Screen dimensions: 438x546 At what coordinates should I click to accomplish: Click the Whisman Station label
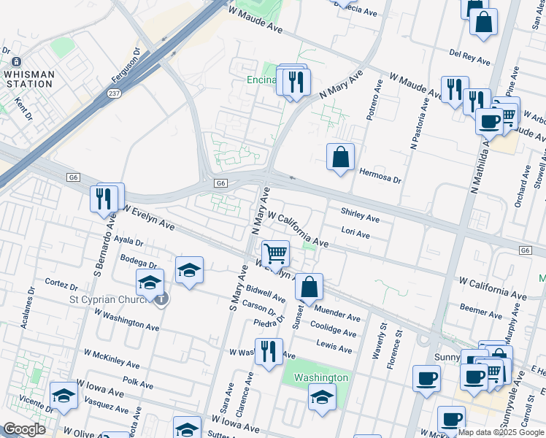point(28,79)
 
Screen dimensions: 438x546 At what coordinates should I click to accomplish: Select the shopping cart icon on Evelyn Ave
point(275,254)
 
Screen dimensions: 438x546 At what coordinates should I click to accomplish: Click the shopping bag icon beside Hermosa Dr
point(340,157)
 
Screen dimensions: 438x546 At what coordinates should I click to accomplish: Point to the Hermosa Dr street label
point(380,175)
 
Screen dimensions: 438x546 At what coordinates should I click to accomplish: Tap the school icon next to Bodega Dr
point(189,270)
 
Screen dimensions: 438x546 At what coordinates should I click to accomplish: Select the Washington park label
point(320,377)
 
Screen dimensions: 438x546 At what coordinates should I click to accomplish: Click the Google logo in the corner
point(24,429)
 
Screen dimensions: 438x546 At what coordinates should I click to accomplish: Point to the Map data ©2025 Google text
point(501,432)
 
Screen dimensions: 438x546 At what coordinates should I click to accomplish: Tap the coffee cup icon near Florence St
point(426,378)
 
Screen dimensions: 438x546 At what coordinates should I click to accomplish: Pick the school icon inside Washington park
point(321,397)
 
